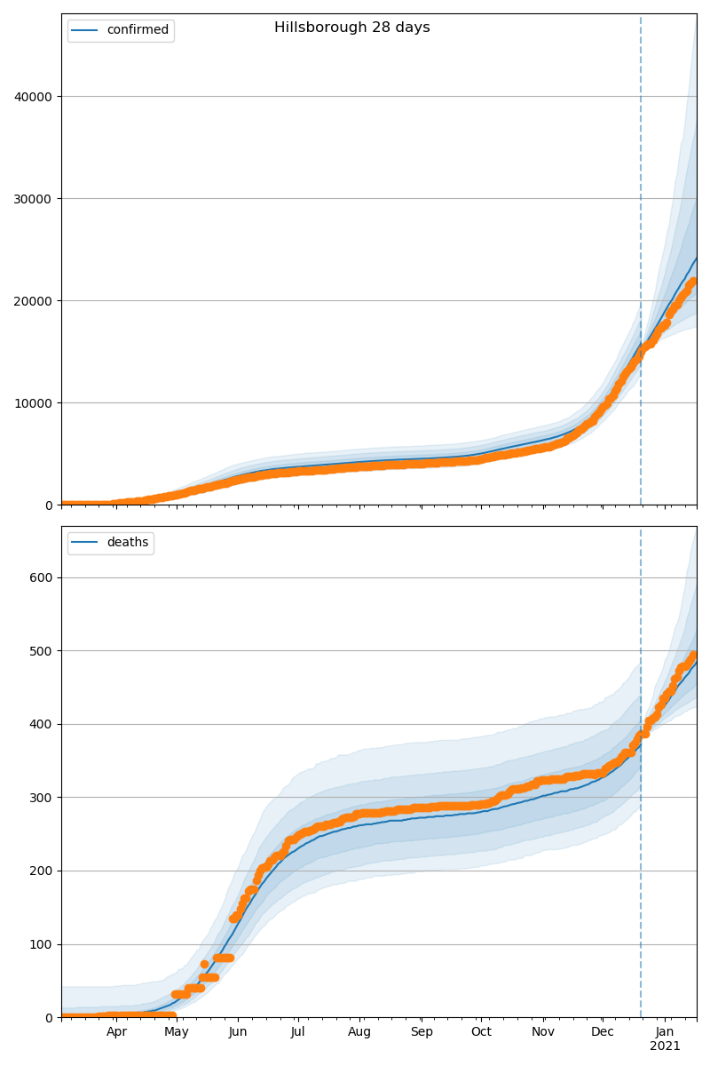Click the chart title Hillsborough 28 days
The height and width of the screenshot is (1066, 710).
[351, 28]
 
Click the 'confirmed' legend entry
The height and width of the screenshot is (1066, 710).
[137, 30]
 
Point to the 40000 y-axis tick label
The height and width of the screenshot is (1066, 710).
[34, 97]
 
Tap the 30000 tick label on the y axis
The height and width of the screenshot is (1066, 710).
[34, 199]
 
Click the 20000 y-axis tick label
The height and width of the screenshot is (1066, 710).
[34, 301]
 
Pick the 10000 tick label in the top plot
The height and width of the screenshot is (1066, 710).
[34, 403]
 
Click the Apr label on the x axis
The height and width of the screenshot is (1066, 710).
[116, 1032]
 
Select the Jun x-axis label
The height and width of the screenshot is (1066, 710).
[237, 1032]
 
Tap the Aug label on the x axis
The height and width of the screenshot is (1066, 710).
[359, 1032]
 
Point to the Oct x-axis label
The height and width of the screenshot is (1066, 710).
[480, 1032]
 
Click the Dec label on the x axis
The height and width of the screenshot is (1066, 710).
[603, 1032]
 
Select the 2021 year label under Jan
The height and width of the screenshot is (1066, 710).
[665, 1046]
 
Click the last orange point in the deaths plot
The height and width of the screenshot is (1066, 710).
[694, 656]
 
